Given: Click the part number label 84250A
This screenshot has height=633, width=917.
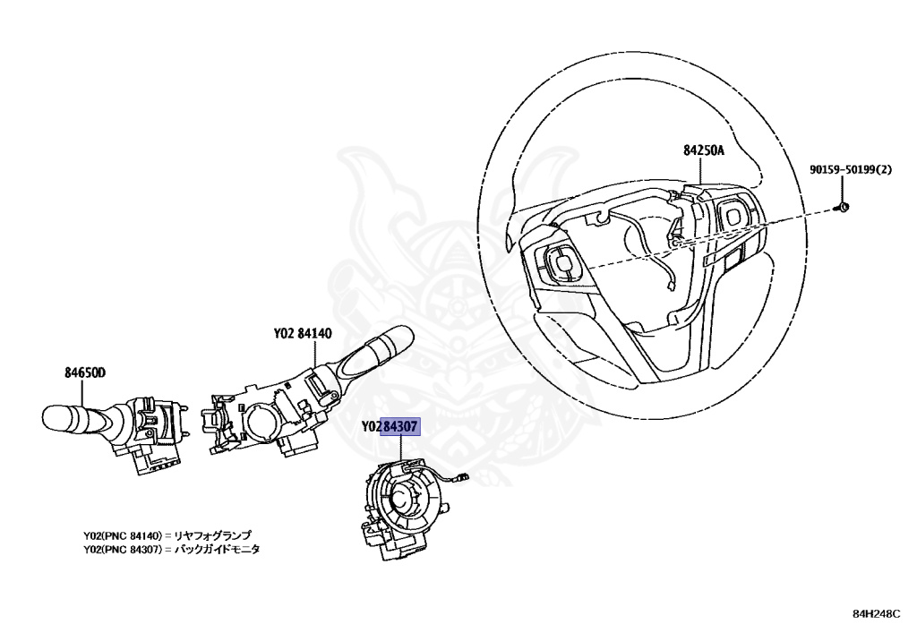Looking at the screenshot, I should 703,151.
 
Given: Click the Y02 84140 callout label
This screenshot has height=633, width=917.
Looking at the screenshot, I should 303,334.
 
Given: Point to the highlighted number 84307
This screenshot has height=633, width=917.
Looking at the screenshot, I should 399,426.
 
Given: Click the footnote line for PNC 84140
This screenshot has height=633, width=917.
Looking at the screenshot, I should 167,535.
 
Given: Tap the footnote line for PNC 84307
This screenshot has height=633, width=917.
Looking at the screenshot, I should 171,549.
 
